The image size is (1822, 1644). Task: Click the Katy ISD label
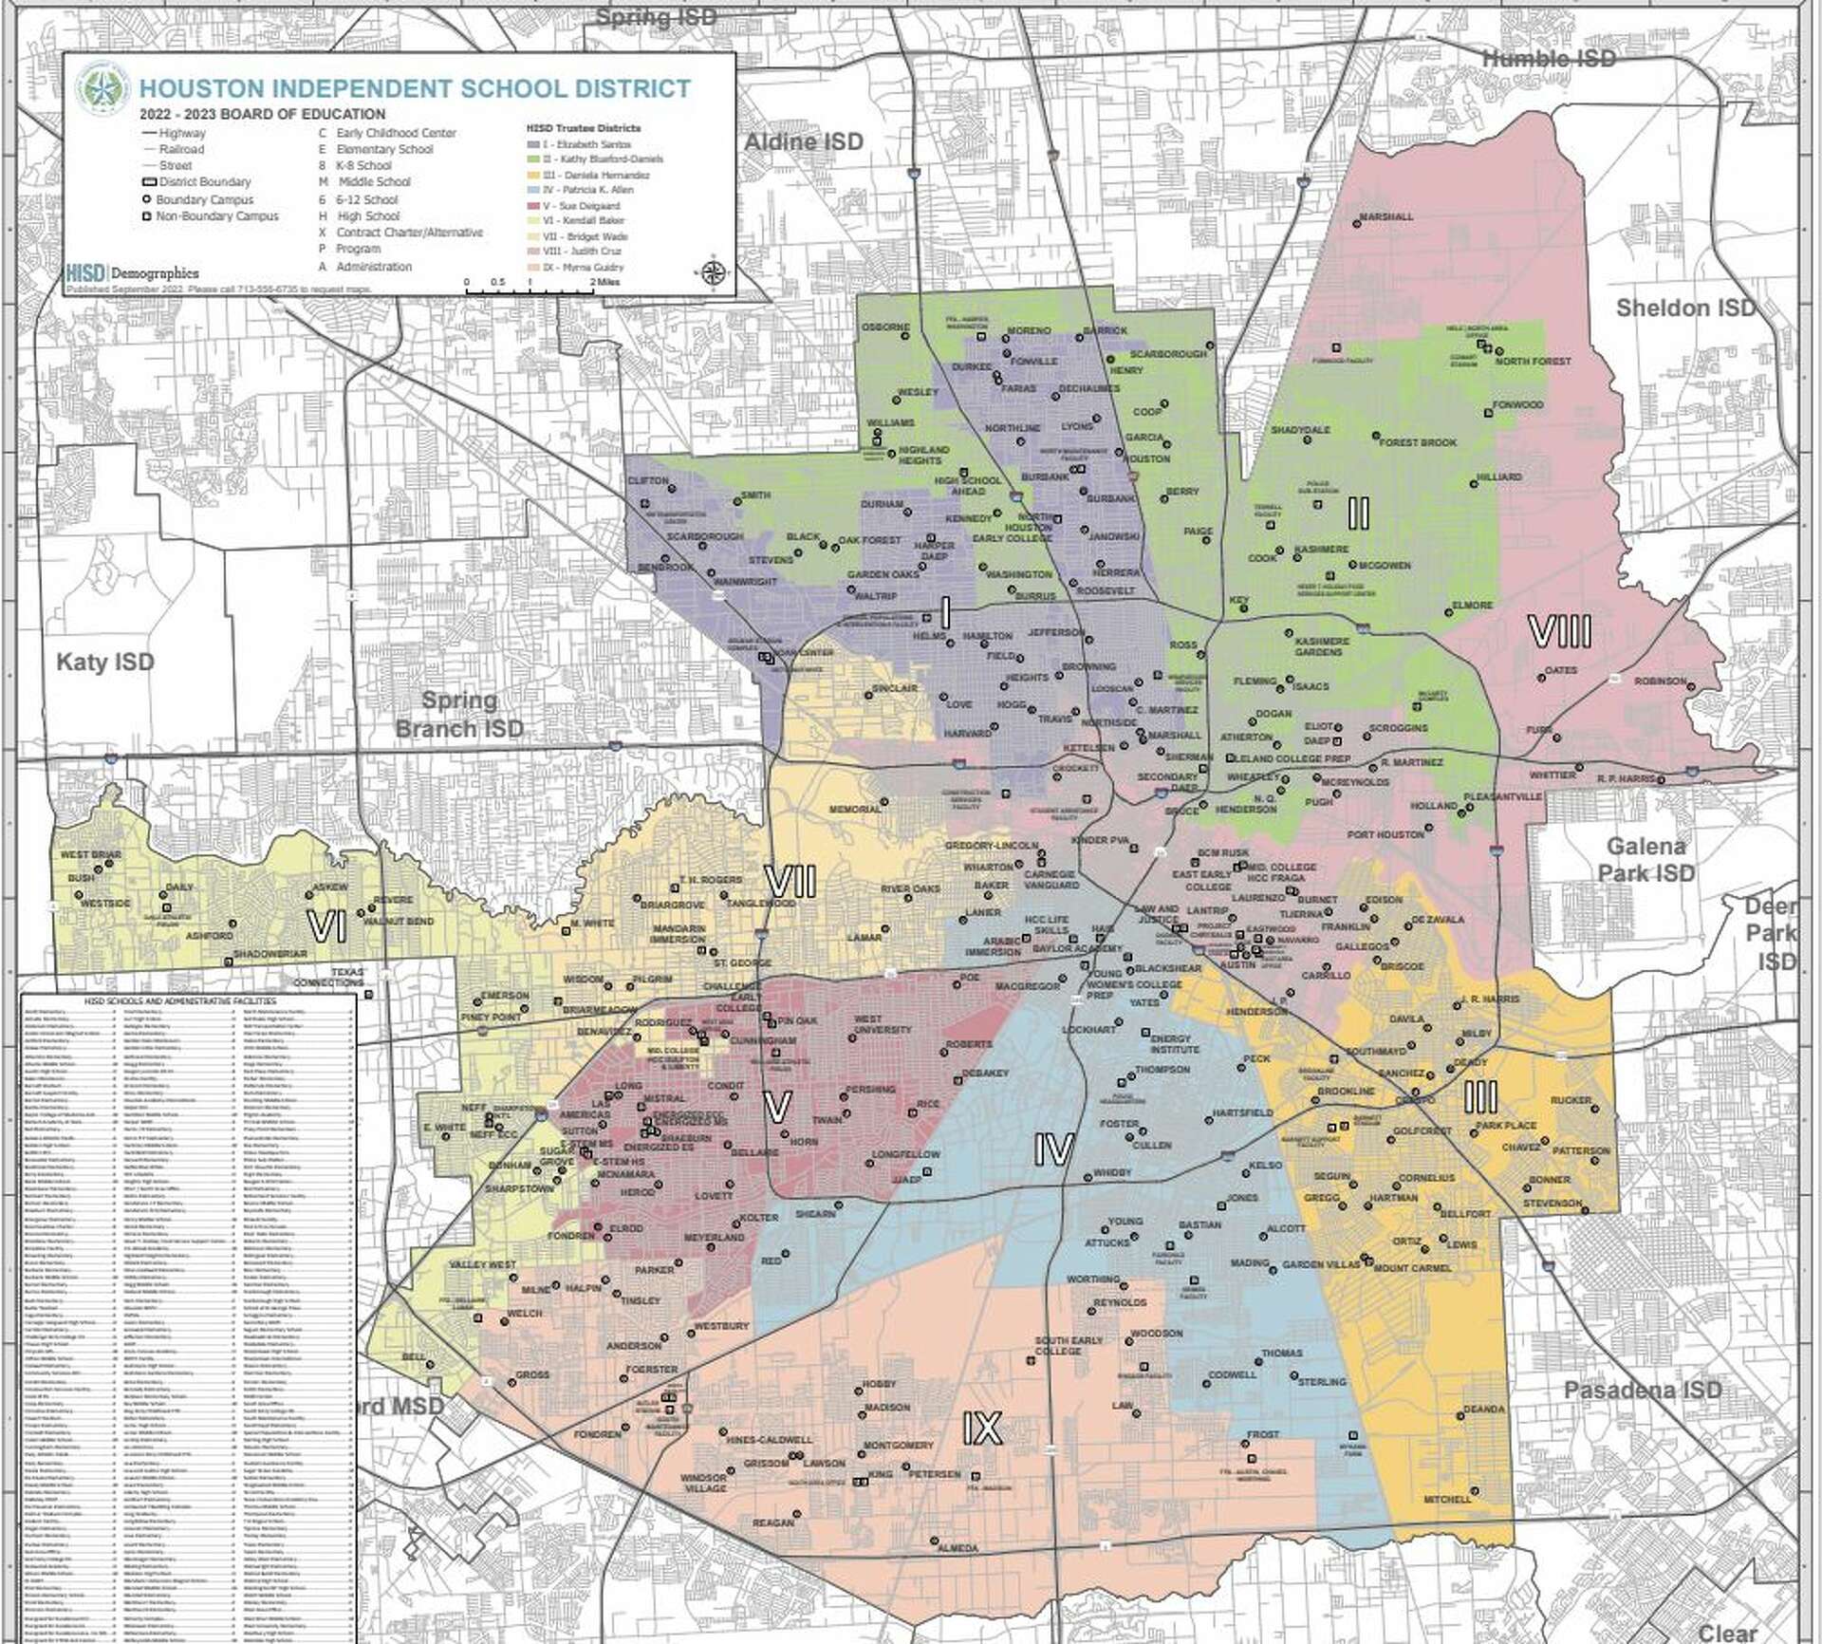(104, 662)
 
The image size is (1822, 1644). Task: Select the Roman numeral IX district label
(982, 1429)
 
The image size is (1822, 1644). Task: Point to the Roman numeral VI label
(327, 927)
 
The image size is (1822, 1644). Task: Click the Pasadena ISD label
(1642, 1390)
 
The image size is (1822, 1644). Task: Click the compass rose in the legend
(713, 272)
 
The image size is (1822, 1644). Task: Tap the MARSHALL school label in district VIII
(1385, 216)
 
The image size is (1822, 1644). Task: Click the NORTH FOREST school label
(1533, 361)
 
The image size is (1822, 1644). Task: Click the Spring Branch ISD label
(459, 714)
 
